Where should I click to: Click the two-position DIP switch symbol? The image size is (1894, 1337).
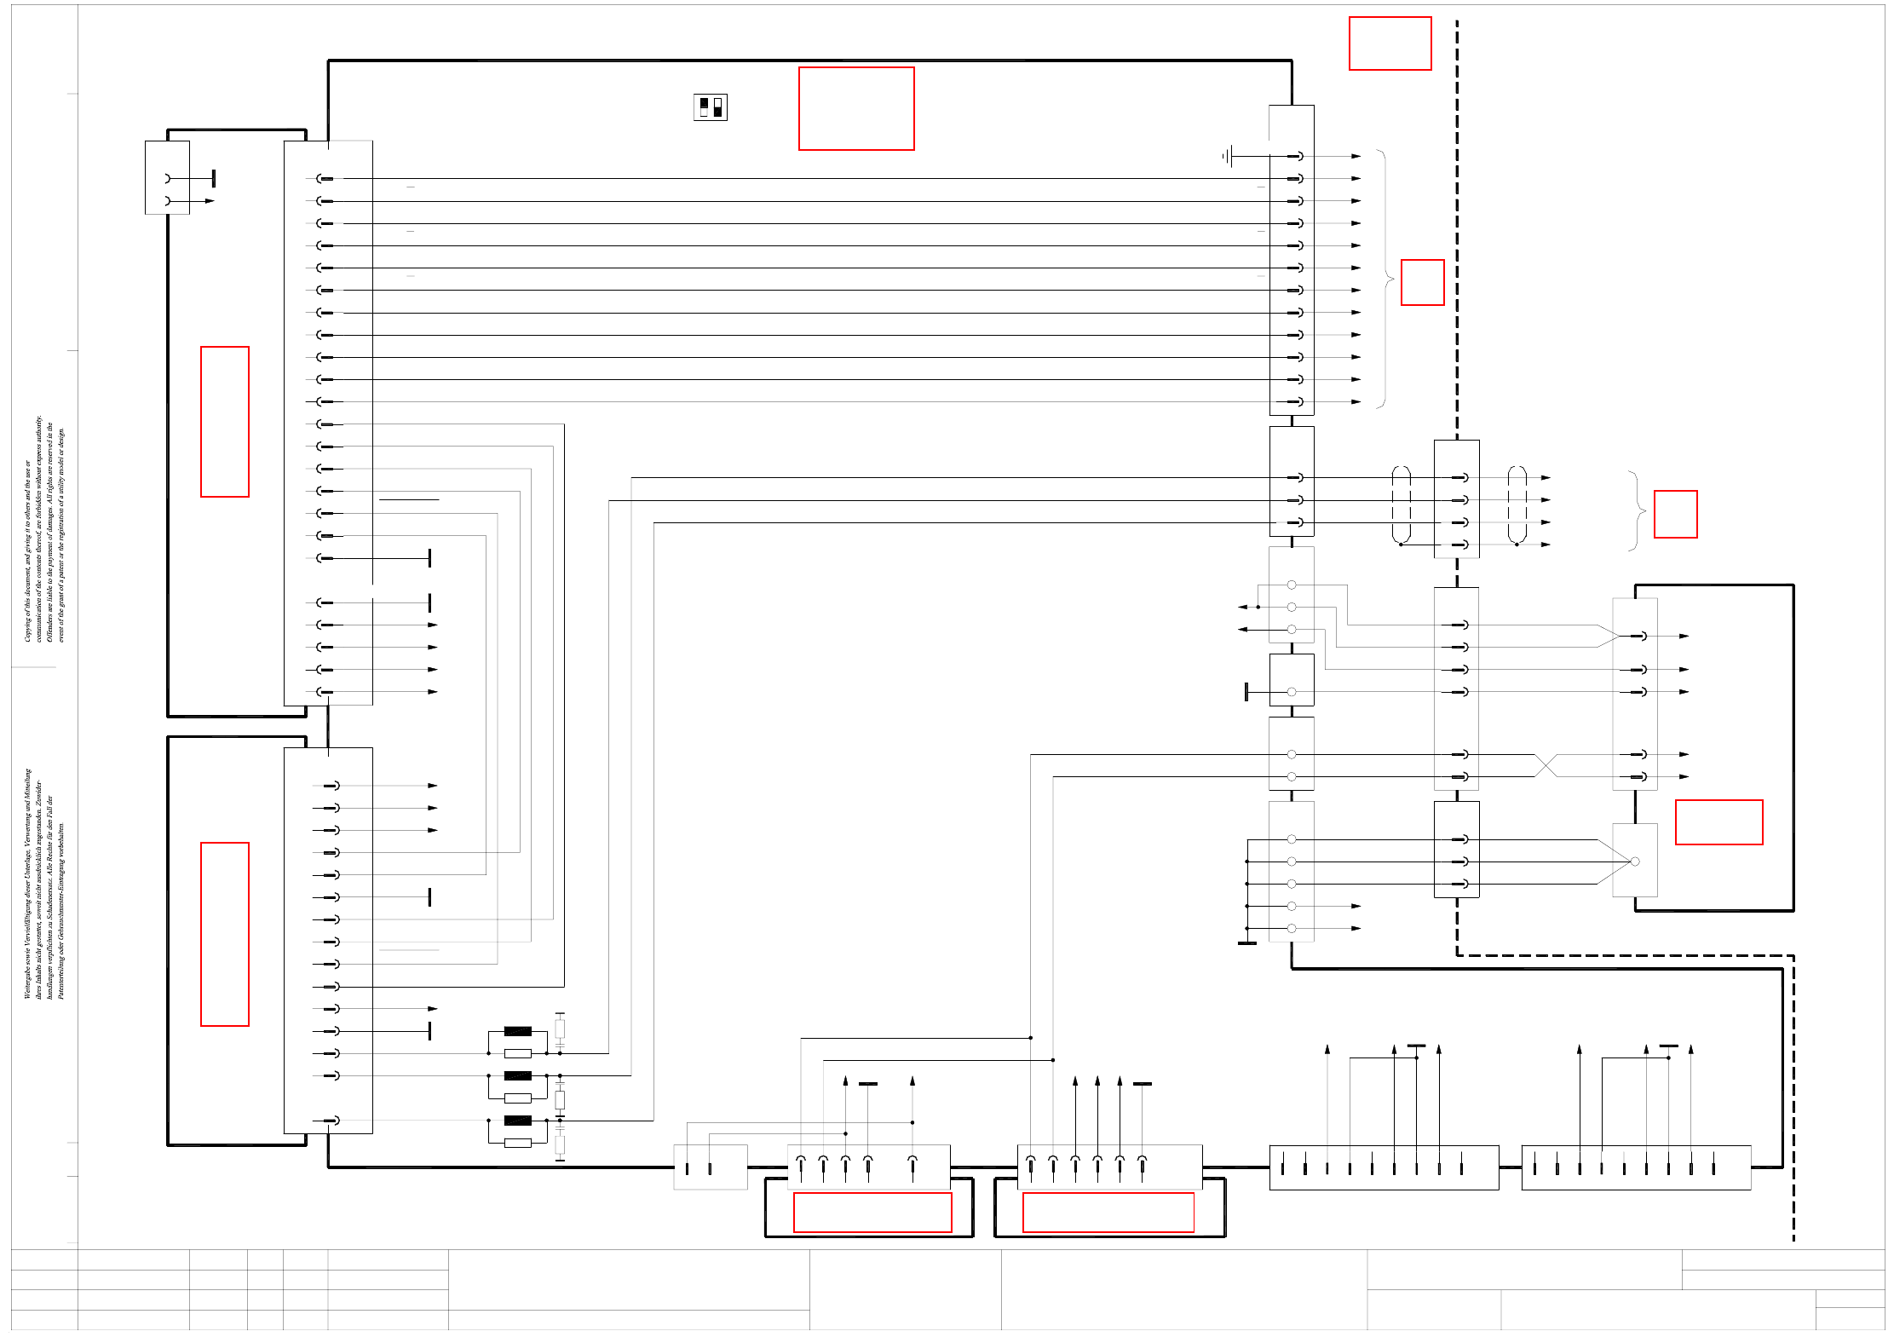711,107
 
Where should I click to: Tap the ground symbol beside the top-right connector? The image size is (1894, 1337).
1228,156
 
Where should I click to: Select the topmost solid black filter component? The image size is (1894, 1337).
517,1031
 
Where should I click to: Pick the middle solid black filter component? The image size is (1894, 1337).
517,1075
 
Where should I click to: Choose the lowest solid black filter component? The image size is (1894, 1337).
517,1121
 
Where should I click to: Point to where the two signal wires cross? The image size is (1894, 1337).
1546,765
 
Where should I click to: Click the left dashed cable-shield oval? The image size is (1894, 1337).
1401,504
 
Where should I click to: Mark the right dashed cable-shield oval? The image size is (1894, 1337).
1517,504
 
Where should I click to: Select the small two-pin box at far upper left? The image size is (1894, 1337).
167,178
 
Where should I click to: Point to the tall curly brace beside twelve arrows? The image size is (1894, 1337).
1385,279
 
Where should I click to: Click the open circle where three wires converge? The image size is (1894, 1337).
1634,862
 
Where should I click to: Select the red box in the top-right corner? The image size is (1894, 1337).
1390,43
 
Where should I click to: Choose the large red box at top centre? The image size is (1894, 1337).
856,108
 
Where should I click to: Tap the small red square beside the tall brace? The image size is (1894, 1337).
1422,282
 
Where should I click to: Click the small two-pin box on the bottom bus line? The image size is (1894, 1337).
710,1167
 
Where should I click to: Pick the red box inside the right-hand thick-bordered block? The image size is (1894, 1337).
1718,822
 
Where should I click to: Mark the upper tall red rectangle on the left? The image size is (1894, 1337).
225,422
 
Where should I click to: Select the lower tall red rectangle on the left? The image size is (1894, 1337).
225,934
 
